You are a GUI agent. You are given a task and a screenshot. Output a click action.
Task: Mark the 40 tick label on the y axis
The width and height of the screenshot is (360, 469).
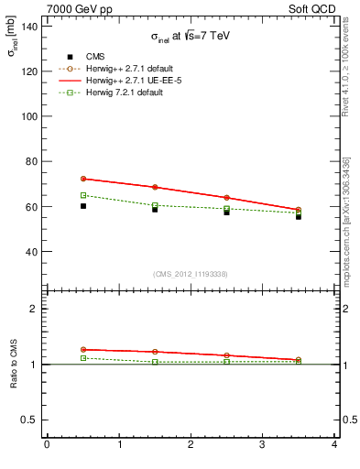pyautogui.click(x=30, y=252)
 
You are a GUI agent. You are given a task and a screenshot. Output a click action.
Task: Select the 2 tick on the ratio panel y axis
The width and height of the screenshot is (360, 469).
pyautogui.click(x=33, y=309)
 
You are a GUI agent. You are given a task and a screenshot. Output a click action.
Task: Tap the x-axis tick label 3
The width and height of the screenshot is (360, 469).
pyautogui.click(x=263, y=445)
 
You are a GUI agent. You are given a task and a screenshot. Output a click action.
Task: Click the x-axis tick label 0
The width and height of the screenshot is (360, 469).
pyautogui.click(x=47, y=445)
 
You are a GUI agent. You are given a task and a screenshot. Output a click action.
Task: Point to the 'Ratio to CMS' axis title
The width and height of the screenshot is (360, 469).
pyautogui.click(x=14, y=365)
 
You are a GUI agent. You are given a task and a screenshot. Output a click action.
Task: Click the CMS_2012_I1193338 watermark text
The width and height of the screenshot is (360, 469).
pyautogui.click(x=191, y=274)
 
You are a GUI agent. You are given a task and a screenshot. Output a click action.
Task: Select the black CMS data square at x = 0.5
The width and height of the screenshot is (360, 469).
pyautogui.click(x=83, y=206)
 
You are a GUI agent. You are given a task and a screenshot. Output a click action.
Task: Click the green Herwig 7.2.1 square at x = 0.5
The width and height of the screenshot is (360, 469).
pyautogui.click(x=83, y=195)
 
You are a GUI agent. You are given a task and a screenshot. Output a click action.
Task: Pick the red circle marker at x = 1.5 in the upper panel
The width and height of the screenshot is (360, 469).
pyautogui.click(x=155, y=187)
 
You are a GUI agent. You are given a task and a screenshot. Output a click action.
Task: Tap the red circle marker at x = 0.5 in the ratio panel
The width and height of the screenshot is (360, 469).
pyautogui.click(x=83, y=350)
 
